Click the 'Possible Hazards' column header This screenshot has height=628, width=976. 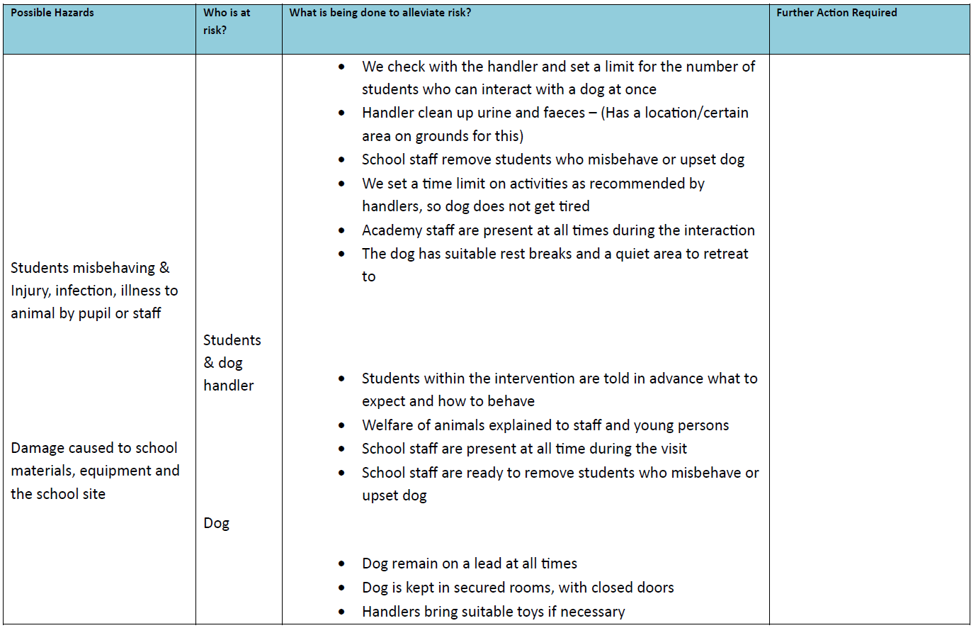(x=52, y=13)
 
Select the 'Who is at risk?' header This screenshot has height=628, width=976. (x=227, y=21)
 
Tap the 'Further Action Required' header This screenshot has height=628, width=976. (x=836, y=13)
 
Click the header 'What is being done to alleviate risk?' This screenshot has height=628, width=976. (x=380, y=13)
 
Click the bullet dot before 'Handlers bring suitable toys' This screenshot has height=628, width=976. (x=342, y=612)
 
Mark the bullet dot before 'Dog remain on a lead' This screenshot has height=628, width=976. (x=342, y=564)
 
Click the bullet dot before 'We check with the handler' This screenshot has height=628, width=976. (x=342, y=67)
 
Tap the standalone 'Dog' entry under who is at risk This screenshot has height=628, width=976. (x=216, y=523)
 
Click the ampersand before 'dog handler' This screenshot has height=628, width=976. (x=209, y=363)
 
